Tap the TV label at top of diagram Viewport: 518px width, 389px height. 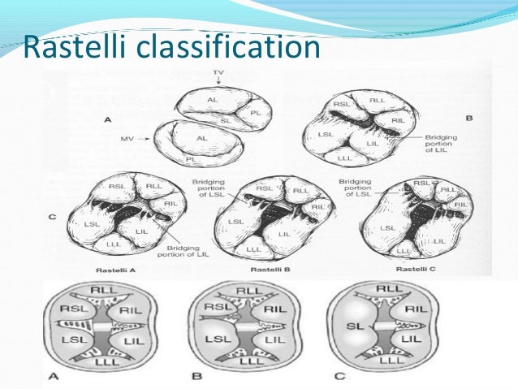coord(218,74)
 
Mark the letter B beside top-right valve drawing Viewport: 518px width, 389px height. coord(469,119)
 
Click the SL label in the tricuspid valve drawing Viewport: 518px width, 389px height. coord(227,119)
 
